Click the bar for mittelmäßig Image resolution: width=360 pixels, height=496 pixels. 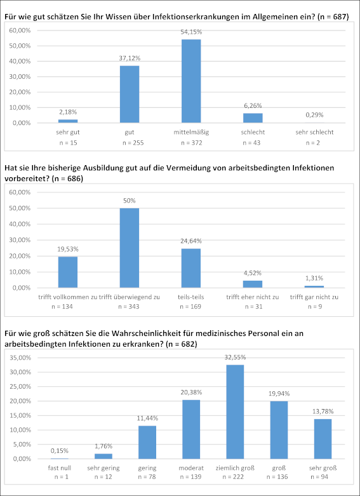191,81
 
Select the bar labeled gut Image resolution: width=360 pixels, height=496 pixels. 130,94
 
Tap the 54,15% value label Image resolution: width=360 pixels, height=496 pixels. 191,32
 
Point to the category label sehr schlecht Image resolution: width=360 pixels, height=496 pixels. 314,132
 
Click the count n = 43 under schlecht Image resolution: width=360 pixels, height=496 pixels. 251,143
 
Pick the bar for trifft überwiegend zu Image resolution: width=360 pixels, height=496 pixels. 130,248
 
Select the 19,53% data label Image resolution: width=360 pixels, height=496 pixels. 68,249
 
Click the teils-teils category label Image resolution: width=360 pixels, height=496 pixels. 191,297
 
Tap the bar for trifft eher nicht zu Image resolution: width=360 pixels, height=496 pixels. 253,284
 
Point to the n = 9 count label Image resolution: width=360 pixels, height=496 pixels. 314,307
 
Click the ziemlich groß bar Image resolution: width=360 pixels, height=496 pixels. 235,412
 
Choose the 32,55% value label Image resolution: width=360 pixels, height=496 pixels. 235,358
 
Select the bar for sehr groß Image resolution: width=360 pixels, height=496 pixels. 323,439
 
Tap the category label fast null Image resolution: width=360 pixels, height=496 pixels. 60,468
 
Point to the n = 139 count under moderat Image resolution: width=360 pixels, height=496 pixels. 191,477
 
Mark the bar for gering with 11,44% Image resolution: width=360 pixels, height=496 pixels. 147,442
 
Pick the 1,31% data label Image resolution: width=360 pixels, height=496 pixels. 314,278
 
